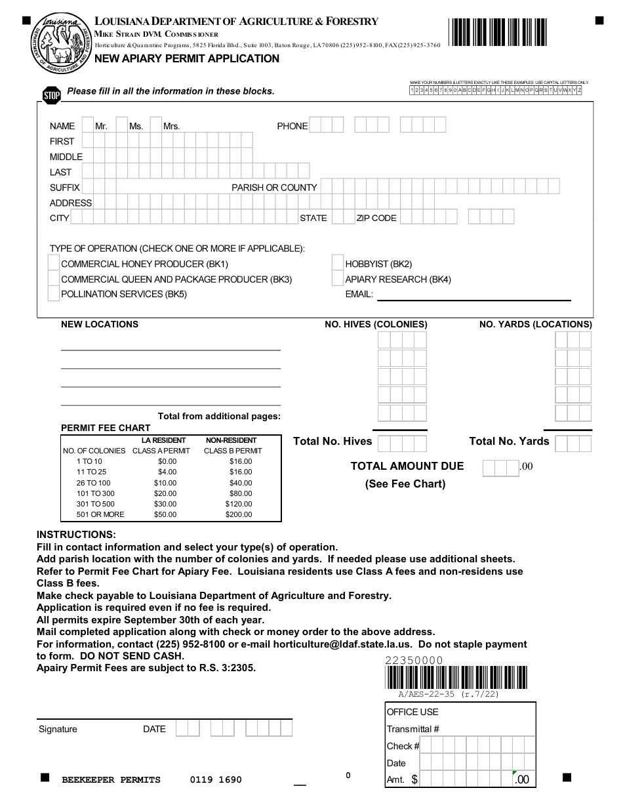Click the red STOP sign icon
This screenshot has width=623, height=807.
coord(52,95)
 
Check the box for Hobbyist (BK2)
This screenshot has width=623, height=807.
coord(338,263)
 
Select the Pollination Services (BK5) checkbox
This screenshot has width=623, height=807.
coord(54,293)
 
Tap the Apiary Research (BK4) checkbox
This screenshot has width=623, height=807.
coord(338,278)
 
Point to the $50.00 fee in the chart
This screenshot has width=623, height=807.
coord(165,514)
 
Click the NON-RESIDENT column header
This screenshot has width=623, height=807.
coord(231,440)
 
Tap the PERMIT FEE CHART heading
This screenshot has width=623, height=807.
coord(106,428)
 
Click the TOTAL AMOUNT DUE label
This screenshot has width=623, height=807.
coord(407,466)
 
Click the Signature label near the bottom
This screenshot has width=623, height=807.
coord(58,729)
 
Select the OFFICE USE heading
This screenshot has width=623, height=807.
coord(412,712)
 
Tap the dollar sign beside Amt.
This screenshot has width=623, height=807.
coord(414,779)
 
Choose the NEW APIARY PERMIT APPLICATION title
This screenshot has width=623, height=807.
coord(187,58)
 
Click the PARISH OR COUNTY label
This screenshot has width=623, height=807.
coord(274,188)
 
